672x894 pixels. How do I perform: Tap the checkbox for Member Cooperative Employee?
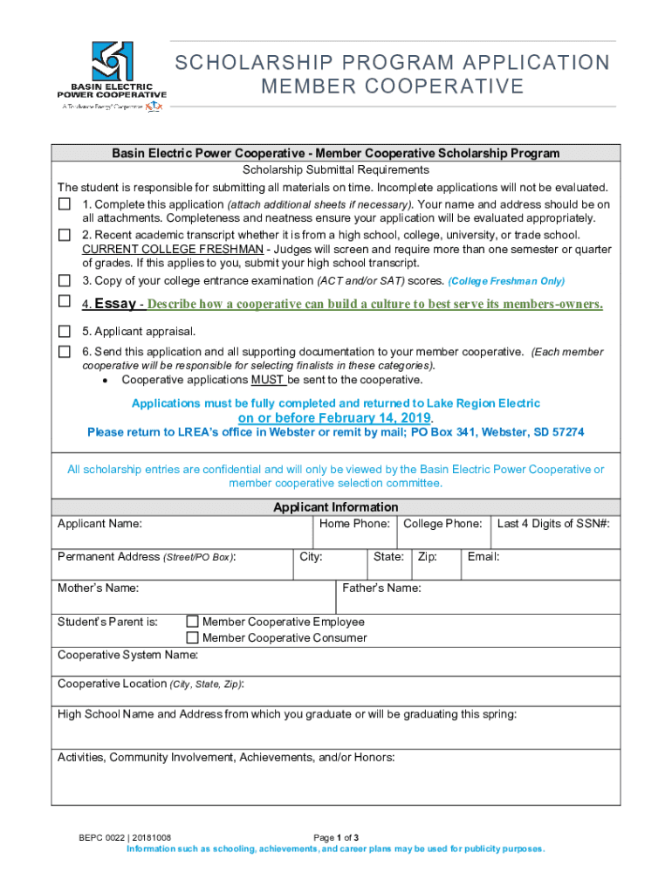[x=193, y=622]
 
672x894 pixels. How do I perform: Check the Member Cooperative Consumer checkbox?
[x=193, y=637]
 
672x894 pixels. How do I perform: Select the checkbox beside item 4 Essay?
[x=65, y=302]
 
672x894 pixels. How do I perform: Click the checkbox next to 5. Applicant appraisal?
[x=65, y=332]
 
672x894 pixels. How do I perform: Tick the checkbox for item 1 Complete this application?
[x=65, y=204]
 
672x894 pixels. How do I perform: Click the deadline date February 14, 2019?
[x=335, y=417]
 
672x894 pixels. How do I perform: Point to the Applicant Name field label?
[x=99, y=524]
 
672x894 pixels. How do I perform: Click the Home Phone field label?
[x=354, y=524]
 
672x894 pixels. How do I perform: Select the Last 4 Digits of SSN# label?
[x=553, y=524]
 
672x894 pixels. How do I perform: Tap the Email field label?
[x=483, y=557]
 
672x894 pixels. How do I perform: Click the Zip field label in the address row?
[x=427, y=557]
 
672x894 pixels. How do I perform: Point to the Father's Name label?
[x=381, y=588]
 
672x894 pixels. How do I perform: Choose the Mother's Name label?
[x=98, y=588]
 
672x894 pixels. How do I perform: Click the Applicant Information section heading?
[x=336, y=507]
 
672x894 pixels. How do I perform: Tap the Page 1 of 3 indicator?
[x=335, y=837]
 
